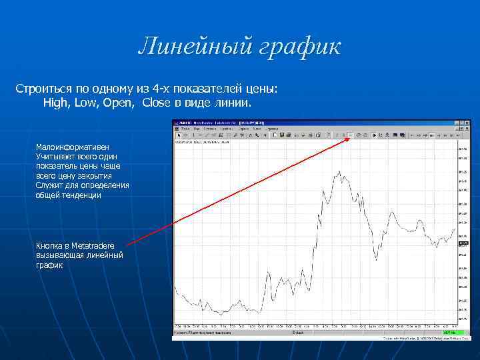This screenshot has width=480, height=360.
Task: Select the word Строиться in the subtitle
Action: pyautogui.click(x=43, y=89)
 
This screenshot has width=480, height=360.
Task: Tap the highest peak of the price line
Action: pyautogui.click(x=339, y=172)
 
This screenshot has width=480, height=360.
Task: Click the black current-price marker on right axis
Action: pyautogui.click(x=463, y=243)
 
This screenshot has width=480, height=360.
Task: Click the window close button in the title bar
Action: pyautogui.click(x=467, y=123)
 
